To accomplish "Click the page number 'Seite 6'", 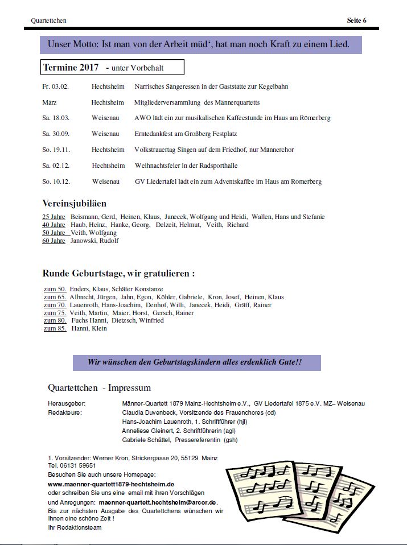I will [x=356, y=20].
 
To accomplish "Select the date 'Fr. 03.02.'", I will [x=55, y=86].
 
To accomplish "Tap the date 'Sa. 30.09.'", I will [x=55, y=134].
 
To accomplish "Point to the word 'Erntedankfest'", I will [x=154, y=134].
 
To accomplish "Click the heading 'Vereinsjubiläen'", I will [x=74, y=203].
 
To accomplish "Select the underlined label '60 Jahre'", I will [x=54, y=241].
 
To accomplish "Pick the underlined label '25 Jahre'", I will [x=54, y=217].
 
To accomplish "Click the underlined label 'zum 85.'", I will [x=55, y=328].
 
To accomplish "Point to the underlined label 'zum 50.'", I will [x=55, y=289].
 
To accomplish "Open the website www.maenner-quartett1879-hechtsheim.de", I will [x=111, y=484].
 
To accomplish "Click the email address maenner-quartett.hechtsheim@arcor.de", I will [x=157, y=503].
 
